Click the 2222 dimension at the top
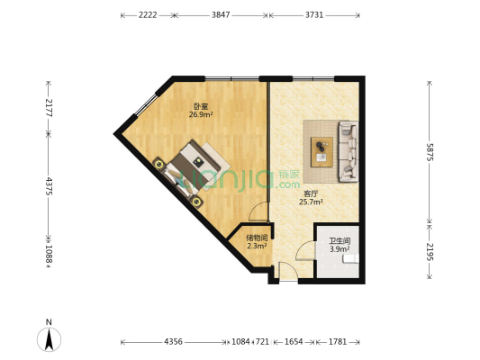[x=148, y=15]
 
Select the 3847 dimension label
[x=221, y=15]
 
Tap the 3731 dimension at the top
[x=314, y=15]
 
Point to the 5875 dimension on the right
[x=430, y=152]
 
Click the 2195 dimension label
[x=430, y=252]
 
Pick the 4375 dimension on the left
[x=49, y=185]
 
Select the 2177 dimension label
[x=49, y=108]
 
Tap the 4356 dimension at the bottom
[x=173, y=341]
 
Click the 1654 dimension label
[x=294, y=341]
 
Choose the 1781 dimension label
[x=338, y=341]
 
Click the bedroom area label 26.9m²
[x=201, y=115]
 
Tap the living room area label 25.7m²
[x=311, y=202]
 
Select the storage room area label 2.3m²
[x=257, y=246]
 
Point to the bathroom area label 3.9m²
[x=340, y=249]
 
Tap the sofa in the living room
[x=348, y=152]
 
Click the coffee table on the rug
[x=322, y=152]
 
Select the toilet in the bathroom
[x=351, y=259]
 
